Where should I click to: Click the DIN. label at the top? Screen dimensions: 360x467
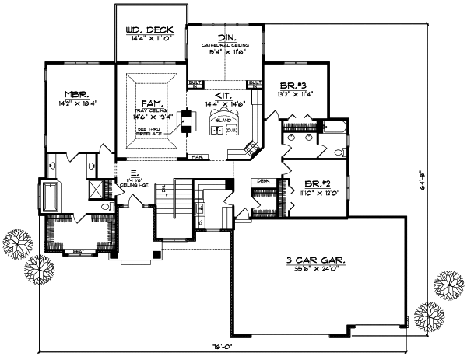tap(228, 37)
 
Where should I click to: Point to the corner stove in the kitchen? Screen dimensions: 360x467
tap(253, 146)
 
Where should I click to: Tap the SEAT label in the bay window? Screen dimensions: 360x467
tap(79, 251)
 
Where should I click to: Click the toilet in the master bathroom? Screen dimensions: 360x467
tap(105, 208)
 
